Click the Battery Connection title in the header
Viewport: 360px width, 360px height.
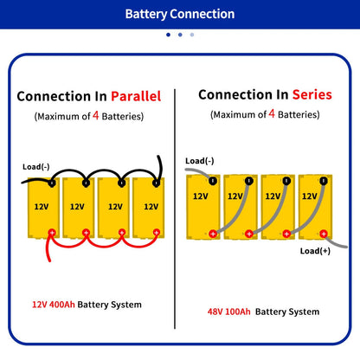click(179, 14)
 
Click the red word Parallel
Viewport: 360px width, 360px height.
click(132, 97)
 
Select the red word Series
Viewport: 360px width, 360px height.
click(312, 94)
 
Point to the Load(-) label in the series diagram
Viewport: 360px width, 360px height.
click(200, 160)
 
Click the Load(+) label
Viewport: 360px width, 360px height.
click(315, 251)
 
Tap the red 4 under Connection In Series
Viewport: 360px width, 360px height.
click(272, 112)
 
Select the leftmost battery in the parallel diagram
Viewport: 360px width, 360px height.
click(41, 208)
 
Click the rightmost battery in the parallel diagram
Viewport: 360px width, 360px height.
click(151, 208)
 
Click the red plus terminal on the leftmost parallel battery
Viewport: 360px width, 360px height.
click(51, 232)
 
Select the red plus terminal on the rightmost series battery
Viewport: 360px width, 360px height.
click(322, 232)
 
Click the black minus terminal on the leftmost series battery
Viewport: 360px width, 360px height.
click(211, 180)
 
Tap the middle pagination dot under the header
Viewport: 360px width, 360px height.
click(179, 35)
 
